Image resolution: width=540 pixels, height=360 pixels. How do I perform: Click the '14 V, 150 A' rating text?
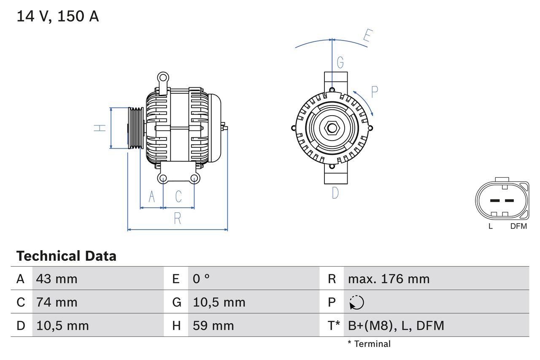[58, 16]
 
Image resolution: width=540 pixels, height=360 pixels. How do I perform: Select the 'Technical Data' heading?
[66, 256]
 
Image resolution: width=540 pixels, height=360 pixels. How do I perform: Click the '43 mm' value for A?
[57, 279]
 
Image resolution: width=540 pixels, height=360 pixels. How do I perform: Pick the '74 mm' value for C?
[57, 302]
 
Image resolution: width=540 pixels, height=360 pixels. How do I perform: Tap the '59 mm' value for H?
[213, 325]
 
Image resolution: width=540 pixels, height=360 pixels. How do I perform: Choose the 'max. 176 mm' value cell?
[389, 279]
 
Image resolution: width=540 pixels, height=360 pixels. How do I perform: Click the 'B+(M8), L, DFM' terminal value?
[396, 325]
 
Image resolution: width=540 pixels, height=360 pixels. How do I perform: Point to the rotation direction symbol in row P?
[356, 303]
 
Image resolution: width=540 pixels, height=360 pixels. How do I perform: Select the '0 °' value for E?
[201, 279]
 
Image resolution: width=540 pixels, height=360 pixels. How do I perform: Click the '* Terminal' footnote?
[369, 344]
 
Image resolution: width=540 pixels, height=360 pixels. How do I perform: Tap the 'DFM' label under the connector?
[518, 226]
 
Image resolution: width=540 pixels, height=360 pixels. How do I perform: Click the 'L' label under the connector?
[490, 226]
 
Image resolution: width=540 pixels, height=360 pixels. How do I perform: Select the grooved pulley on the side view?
[136, 128]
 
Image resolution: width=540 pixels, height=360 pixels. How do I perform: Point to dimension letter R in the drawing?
[178, 219]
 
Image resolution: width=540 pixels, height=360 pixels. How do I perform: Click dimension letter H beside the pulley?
[100, 127]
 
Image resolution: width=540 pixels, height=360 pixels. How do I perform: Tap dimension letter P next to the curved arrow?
[374, 92]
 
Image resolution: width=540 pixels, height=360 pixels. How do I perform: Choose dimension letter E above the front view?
[367, 37]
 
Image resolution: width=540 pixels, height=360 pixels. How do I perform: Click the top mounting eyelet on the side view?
[163, 78]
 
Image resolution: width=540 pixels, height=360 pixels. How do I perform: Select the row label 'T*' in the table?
[334, 325]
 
